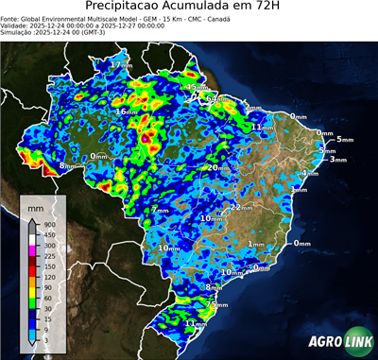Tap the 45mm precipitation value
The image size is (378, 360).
tap(197, 88)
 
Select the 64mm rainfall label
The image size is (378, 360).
tap(217, 98)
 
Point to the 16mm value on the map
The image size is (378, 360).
tap(125, 111)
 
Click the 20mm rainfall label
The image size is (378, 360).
tap(217, 168)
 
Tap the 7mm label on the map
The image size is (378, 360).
tap(162, 210)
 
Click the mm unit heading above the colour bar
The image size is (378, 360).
tap(36, 206)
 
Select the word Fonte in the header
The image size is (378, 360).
tap(11, 17)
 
